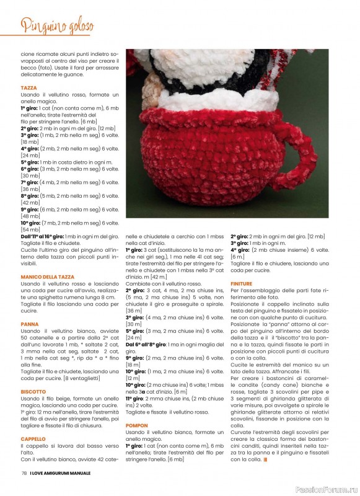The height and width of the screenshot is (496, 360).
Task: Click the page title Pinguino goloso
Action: pyautogui.click(x=57, y=26)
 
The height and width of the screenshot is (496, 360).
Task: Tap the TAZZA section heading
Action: pyautogui.click(x=29, y=88)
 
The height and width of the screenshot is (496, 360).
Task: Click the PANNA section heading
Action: pyautogui.click(x=29, y=324)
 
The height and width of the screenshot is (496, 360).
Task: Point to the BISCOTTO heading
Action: pyautogui.click(x=33, y=392)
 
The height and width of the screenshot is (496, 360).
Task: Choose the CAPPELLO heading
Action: pyautogui.click(x=33, y=438)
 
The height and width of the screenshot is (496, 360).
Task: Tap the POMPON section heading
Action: pyautogui.click(x=137, y=425)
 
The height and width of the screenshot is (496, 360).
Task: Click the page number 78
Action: pyautogui.click(x=23, y=473)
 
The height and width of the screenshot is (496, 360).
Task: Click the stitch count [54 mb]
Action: pyautogui.click(x=30, y=230)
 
